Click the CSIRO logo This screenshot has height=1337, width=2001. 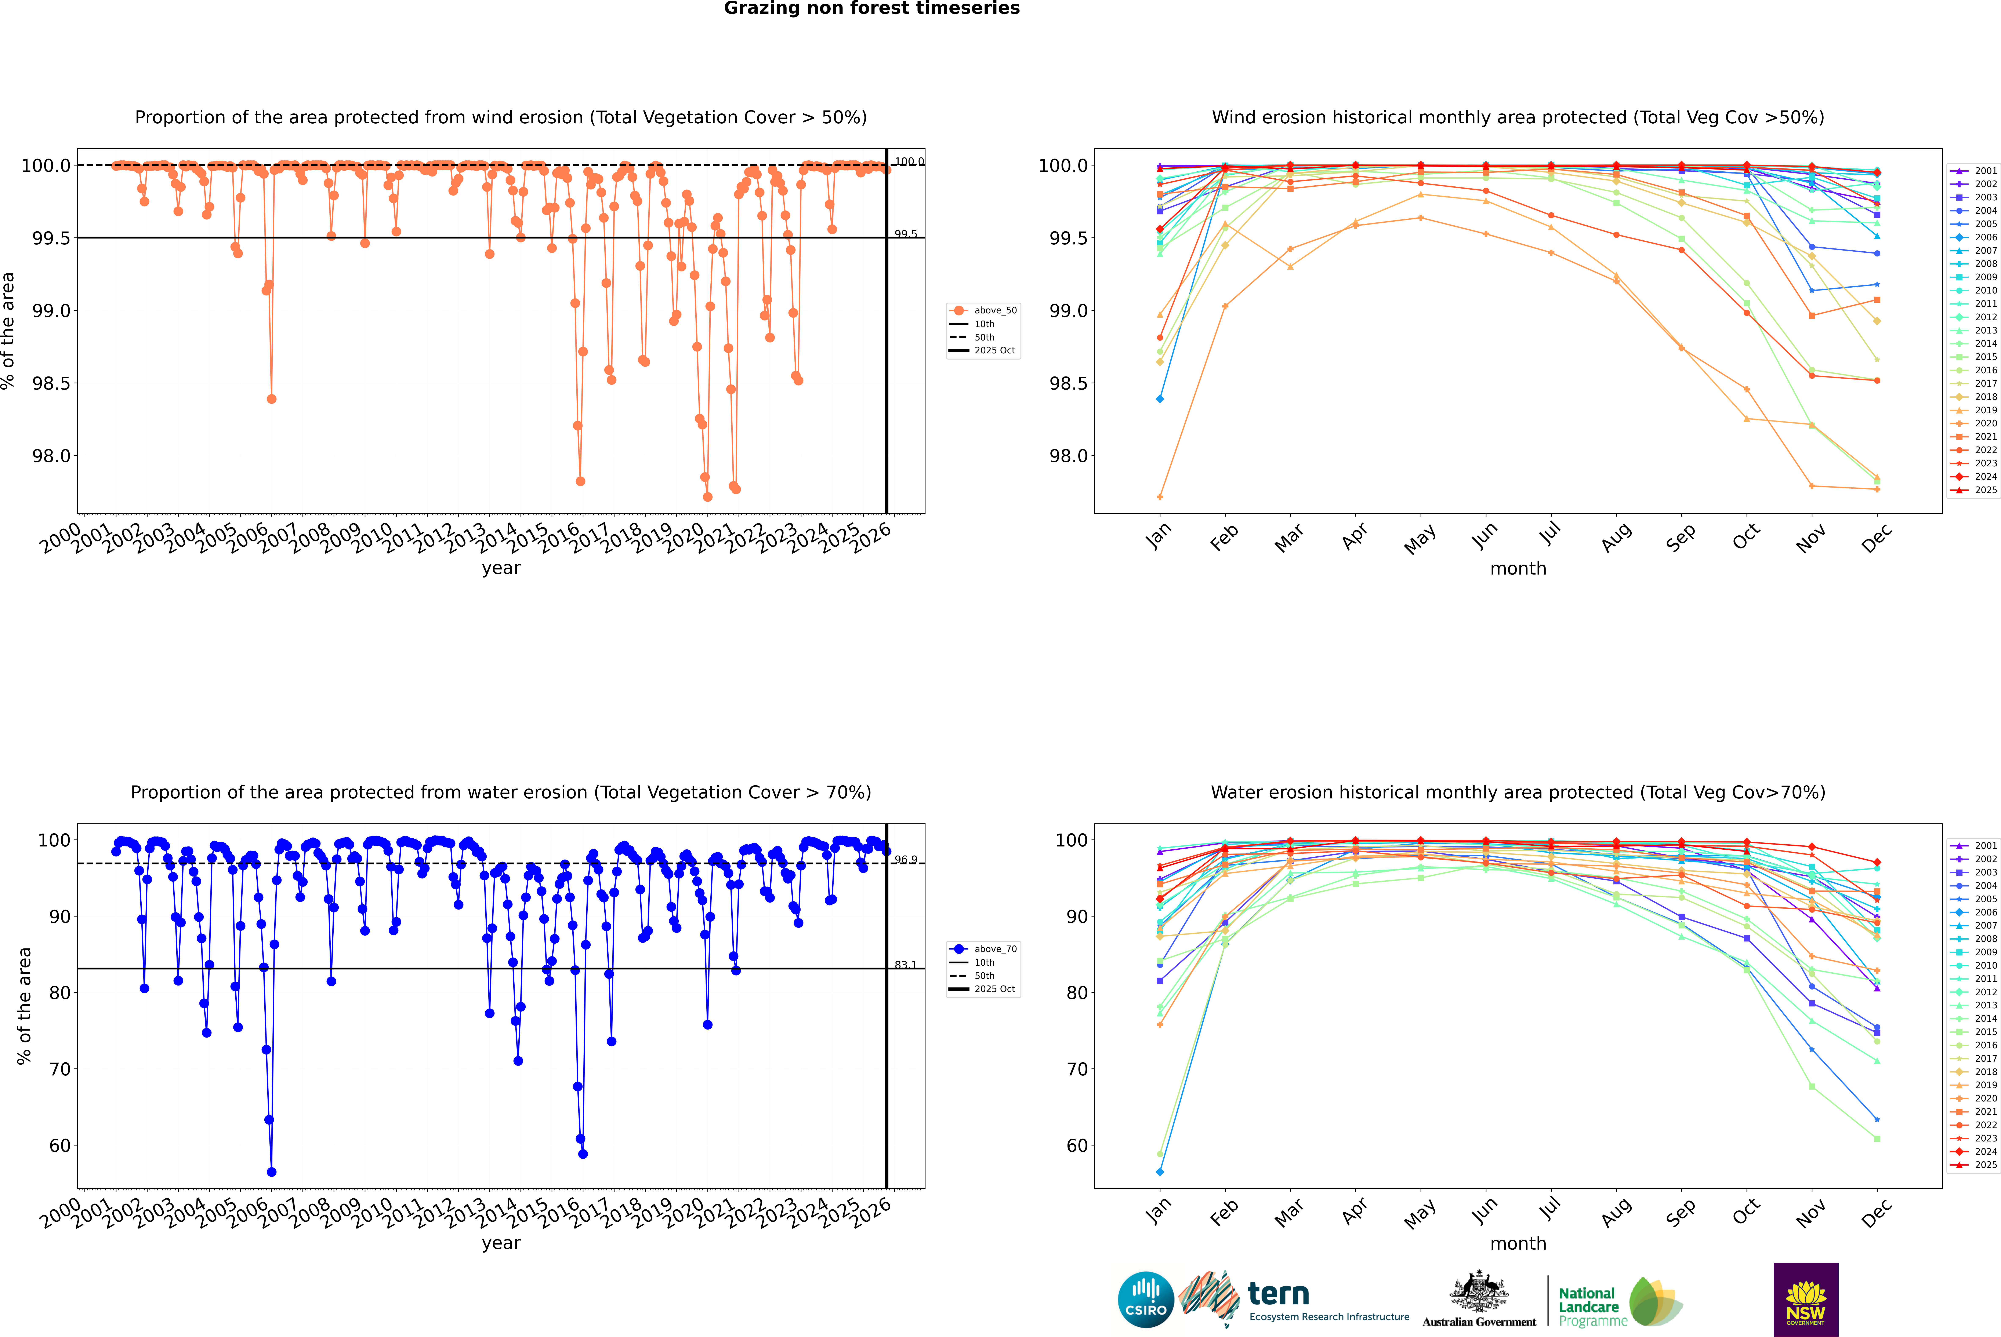tap(1146, 1300)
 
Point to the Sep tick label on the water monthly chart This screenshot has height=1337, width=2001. tap(1680, 1213)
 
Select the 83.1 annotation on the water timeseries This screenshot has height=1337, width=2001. tap(905, 965)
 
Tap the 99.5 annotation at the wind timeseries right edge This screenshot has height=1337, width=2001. tap(905, 234)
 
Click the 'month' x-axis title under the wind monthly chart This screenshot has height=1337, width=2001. tap(1517, 569)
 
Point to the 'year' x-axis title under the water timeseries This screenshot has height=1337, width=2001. tap(501, 1243)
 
